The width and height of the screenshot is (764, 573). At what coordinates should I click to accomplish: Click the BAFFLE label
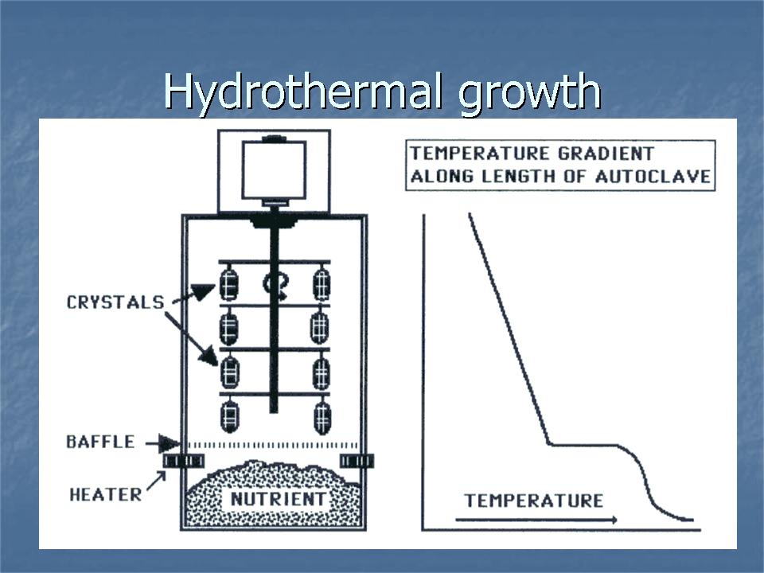[100, 442]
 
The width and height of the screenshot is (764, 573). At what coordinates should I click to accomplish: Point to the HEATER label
[106, 493]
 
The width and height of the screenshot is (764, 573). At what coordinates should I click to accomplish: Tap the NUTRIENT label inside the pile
[278, 499]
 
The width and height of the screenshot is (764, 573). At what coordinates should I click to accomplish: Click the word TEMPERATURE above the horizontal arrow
[534, 501]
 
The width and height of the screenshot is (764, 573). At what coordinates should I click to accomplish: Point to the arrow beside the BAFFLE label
[170, 442]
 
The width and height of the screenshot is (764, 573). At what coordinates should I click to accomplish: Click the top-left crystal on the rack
[229, 283]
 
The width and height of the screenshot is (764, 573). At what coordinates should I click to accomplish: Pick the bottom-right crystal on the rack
[322, 416]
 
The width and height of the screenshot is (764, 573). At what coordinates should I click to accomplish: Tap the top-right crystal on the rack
[322, 283]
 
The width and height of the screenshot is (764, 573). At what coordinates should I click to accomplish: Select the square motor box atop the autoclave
[274, 171]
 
